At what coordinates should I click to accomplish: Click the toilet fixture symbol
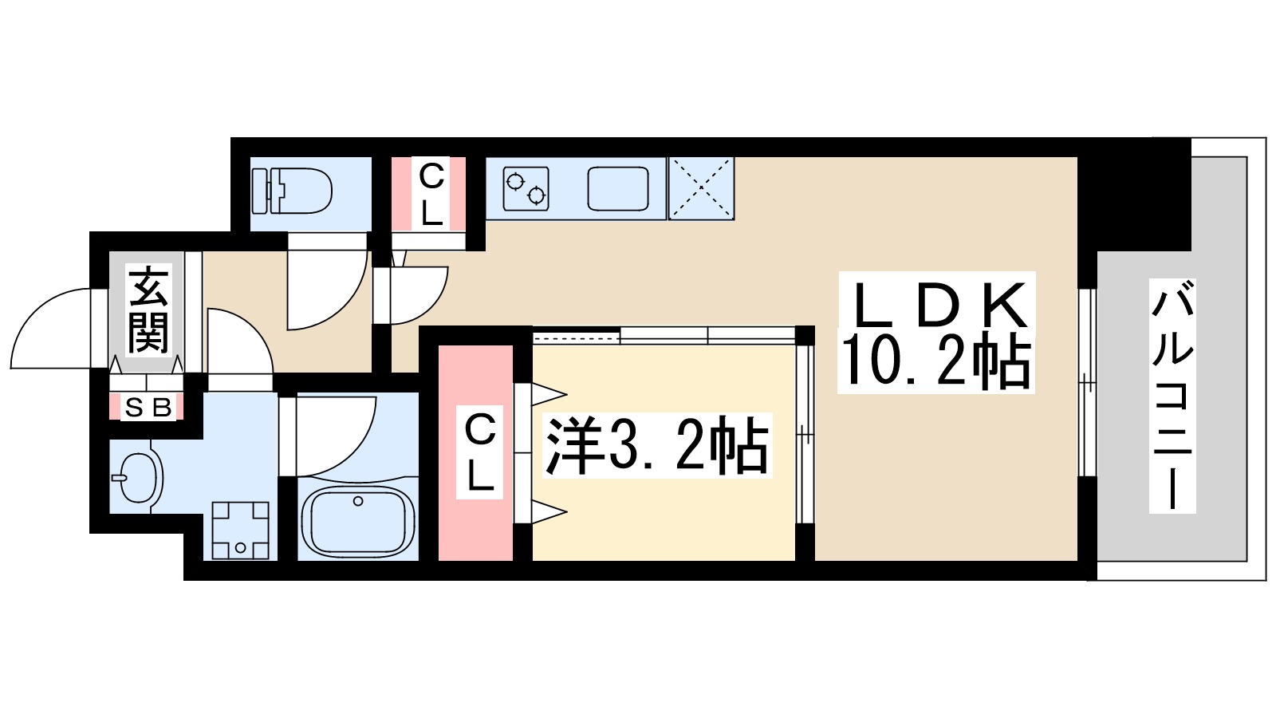point(292,191)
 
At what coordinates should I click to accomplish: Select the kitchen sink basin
point(618,189)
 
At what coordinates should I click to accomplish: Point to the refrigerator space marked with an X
point(700,188)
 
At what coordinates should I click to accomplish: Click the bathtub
point(358,521)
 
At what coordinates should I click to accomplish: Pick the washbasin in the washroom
point(139,478)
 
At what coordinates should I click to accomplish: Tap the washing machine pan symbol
point(240,530)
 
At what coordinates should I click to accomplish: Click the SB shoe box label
point(148,408)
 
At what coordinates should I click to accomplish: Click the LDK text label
point(937,306)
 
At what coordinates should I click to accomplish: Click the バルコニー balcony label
point(1172,395)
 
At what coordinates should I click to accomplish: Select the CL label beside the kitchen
point(431,194)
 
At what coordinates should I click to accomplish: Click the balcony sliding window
point(1086,383)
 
